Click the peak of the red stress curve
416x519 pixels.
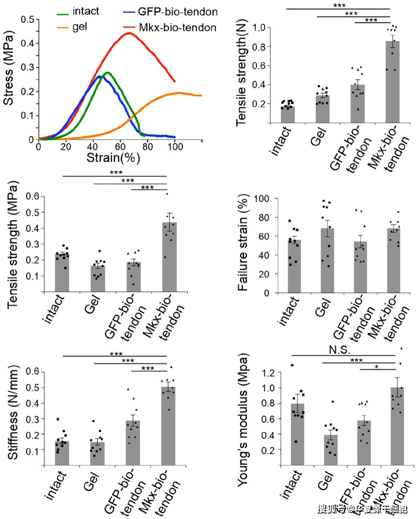tap(128, 33)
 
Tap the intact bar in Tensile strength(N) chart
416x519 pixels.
tap(288, 114)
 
